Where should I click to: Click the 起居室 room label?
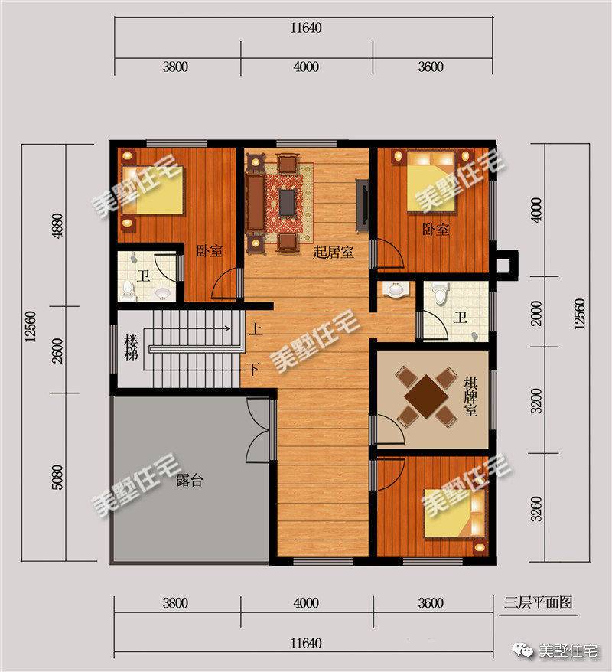(x=334, y=252)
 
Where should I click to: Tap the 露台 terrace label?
(x=189, y=481)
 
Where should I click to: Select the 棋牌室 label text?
(x=470, y=396)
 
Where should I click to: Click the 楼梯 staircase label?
(x=132, y=348)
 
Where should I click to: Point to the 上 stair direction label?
(x=256, y=329)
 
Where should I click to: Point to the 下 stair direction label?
(x=254, y=369)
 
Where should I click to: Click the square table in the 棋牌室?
(x=427, y=396)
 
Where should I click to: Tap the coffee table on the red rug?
(x=287, y=203)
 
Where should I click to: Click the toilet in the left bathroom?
(x=128, y=290)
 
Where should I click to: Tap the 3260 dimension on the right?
(x=536, y=509)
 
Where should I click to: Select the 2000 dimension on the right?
(x=536, y=313)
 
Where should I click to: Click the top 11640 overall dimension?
(x=306, y=28)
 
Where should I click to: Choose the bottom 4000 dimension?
(x=306, y=603)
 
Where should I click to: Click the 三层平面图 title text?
(x=538, y=602)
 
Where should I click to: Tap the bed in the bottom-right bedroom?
(x=455, y=513)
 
